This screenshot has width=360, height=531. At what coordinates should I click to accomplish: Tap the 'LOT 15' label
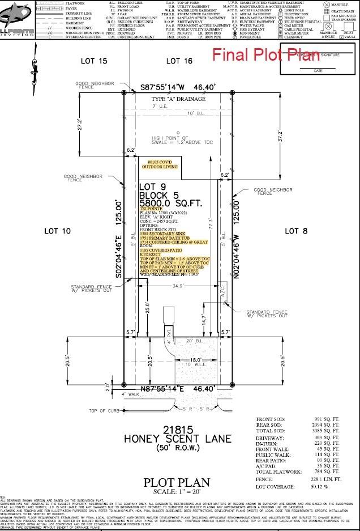[95, 61]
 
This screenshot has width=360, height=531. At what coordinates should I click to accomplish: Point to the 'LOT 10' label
[57, 231]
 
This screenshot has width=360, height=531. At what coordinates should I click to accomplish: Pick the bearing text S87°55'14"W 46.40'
[179, 88]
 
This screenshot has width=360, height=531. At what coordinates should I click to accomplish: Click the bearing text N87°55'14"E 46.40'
[179, 389]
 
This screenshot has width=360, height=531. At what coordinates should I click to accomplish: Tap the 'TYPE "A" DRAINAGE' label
[178, 99]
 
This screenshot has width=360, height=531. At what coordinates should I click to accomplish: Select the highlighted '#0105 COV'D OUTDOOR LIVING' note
[163, 164]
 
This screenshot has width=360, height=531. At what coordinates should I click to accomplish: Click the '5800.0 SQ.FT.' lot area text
[171, 203]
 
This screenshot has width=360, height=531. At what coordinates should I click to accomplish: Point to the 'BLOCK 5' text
[160, 194]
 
